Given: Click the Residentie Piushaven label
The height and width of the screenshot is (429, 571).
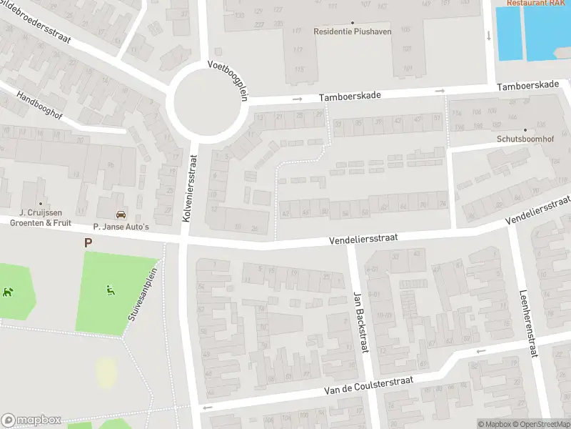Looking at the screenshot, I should tap(353, 31).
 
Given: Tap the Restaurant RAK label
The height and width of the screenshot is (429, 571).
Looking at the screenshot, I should tap(536, 3).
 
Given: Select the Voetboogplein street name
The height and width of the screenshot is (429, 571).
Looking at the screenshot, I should tap(227, 80).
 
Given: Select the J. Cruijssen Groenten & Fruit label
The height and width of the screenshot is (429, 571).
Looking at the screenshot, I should tap(41, 217).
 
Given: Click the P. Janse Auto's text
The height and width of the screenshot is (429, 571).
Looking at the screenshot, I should tap(121, 226).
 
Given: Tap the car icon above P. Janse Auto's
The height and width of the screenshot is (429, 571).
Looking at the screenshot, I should tap(121, 214).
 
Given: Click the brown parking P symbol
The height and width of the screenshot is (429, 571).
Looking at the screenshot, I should tap(89, 243).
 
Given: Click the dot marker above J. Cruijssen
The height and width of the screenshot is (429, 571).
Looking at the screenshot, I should tap(41, 203).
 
